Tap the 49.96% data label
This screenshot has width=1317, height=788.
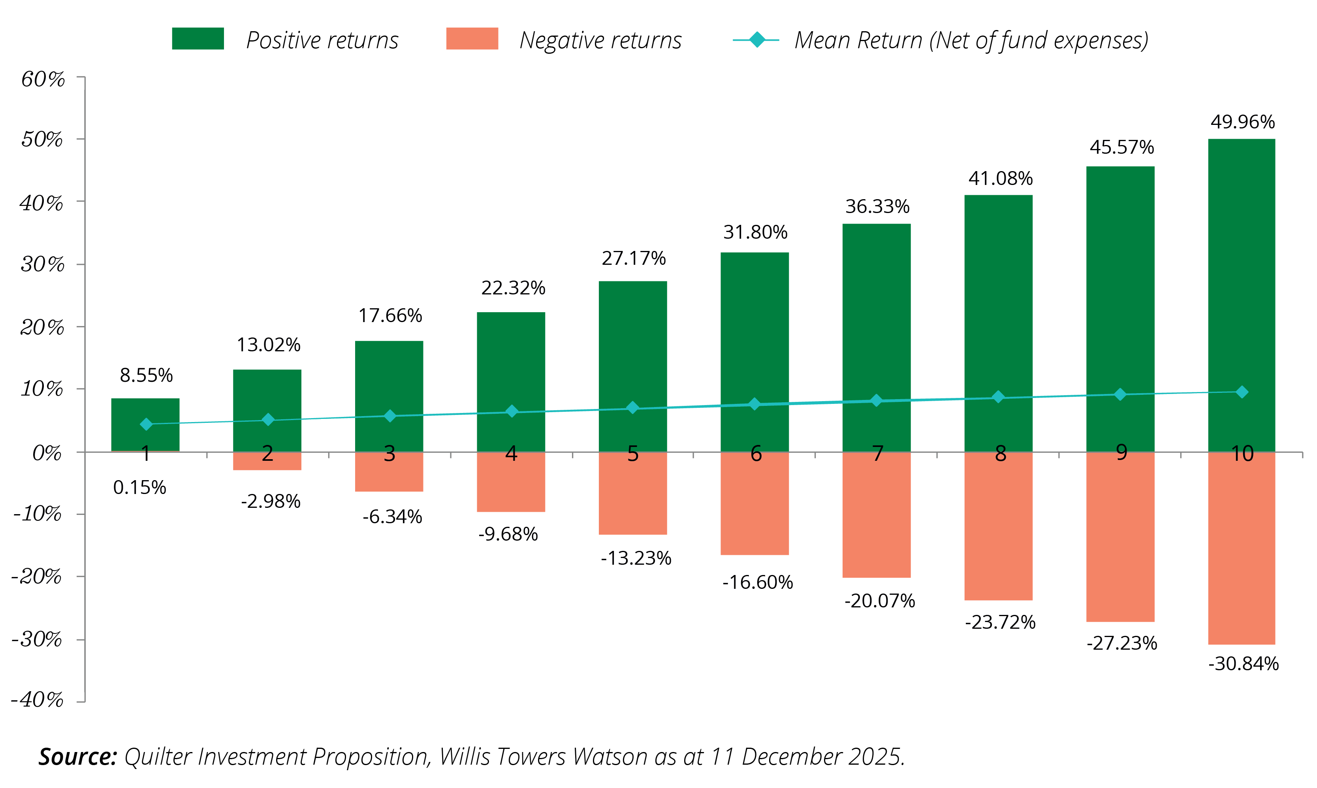point(1242,122)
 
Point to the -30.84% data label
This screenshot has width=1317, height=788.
point(1243,664)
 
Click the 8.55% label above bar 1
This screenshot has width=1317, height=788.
point(146,375)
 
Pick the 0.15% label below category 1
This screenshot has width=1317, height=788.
point(139,487)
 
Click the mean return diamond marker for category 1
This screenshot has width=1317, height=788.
point(146,424)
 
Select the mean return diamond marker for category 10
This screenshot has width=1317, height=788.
point(1242,392)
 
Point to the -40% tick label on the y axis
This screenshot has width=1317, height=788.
point(37,700)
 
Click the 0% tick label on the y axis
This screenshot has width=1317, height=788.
point(47,453)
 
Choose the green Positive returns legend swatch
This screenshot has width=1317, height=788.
point(198,39)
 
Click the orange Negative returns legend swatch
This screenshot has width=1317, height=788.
point(472,39)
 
